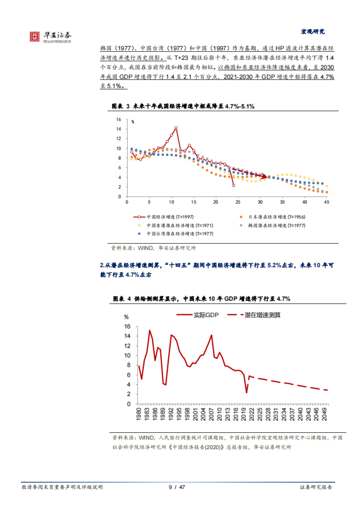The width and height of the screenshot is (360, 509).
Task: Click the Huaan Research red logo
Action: [x=34, y=37]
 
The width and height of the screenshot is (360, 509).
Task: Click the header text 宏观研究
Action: [x=313, y=31]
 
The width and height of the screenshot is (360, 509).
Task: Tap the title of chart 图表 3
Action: [x=183, y=106]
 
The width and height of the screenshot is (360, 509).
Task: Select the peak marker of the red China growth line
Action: [x=176, y=128]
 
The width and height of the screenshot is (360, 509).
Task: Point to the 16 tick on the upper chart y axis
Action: [x=119, y=120]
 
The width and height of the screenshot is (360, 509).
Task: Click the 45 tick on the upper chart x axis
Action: [x=326, y=202]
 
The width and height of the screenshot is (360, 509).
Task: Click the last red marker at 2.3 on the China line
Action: [x=233, y=186]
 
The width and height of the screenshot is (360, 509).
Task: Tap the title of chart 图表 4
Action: [x=201, y=299]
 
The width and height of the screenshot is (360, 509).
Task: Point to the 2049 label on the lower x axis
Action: [x=324, y=414]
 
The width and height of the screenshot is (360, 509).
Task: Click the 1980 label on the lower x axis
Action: [x=139, y=414]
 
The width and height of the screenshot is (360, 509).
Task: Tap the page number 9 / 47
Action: [x=177, y=487]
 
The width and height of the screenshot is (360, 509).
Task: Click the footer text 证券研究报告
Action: [x=316, y=487]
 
